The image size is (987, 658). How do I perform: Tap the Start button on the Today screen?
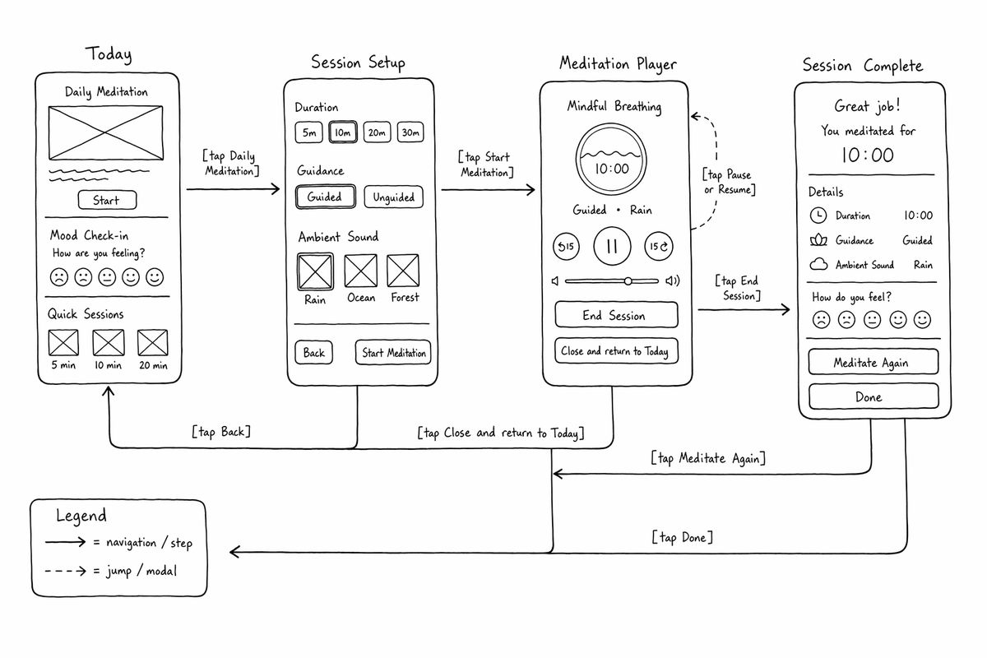pos(107,200)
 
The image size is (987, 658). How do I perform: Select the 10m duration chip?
pos(343,132)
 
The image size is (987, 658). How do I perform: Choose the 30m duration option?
pos(410,132)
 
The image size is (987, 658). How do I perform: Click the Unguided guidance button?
pos(393,197)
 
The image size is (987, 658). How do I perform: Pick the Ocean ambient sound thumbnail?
pos(360,271)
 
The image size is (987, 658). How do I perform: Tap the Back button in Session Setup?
pos(313,353)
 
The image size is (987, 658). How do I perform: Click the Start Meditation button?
pos(393,353)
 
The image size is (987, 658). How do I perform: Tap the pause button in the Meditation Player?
pos(612,246)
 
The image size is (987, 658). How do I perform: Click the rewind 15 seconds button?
pos(566,246)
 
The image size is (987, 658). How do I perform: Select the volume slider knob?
pos(628,280)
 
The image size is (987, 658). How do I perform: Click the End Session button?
pos(616,315)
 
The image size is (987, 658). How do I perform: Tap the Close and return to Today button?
pos(616,351)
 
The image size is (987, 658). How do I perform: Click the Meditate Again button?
pos(873,362)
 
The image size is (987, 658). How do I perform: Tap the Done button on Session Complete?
pos(873,396)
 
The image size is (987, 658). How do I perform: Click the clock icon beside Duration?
pos(818,215)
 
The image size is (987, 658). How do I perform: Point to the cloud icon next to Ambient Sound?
pos(818,264)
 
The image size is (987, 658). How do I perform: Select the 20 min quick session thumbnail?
pos(152,342)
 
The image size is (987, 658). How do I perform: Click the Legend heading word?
pos(81,516)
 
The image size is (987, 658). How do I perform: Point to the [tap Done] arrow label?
pos(683,537)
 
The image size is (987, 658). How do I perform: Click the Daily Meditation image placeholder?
pos(106,132)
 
